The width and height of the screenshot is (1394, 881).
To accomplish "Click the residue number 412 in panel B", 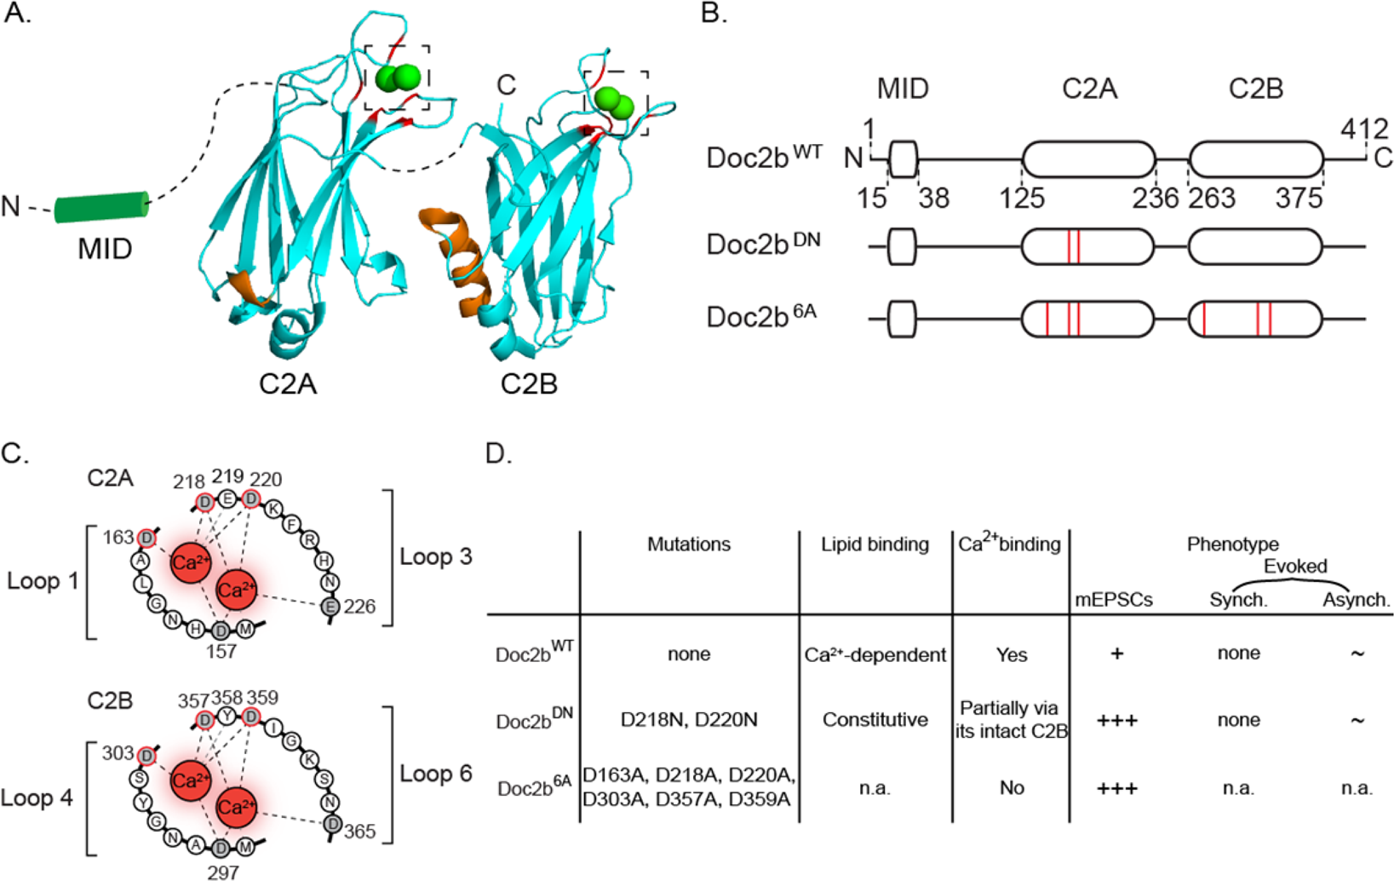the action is [x=1364, y=130].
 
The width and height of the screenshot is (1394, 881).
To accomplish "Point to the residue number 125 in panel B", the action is [x=1022, y=198].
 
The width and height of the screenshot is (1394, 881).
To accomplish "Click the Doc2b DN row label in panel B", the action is [x=763, y=245].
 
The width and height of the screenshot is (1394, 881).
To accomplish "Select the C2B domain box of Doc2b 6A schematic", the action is [x=1255, y=318].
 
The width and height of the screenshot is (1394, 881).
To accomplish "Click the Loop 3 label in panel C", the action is [x=435, y=556].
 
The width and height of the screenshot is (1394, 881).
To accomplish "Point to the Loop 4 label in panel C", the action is [x=37, y=798].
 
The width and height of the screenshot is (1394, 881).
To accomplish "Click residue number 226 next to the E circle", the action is [x=359, y=607].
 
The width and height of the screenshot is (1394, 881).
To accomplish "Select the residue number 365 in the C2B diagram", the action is [x=359, y=831].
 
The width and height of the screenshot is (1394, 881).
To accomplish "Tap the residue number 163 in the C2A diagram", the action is [x=118, y=537].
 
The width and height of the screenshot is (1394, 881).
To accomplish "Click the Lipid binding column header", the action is [x=875, y=544].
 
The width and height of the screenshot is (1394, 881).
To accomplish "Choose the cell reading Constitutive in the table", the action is [x=875, y=720].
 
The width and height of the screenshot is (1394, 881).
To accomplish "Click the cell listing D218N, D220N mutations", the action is [x=688, y=720].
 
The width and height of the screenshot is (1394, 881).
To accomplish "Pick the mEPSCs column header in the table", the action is [x=1114, y=600].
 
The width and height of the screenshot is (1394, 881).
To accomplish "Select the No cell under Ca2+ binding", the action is [x=1012, y=787].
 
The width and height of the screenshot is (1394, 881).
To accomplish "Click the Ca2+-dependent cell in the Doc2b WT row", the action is [x=875, y=654].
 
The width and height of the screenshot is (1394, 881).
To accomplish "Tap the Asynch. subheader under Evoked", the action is [x=1355, y=600].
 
